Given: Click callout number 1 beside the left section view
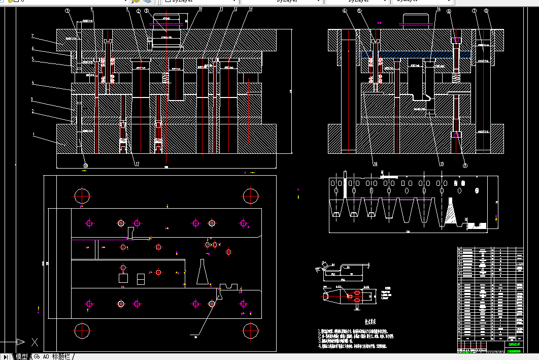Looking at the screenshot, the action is pos(33,135).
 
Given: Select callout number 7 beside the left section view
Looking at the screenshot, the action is pos(32,36).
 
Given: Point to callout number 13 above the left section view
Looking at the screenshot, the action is pos(250,10).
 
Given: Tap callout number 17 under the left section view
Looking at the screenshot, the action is pos(137,163).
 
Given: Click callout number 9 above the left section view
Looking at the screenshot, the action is pos(127,10).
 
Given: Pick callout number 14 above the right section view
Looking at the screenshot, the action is pos(439,10).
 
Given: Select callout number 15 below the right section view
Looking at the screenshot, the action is pos(441,163).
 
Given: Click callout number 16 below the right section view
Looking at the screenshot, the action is pos(376,163).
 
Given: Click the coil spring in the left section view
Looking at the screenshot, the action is pos(165,77).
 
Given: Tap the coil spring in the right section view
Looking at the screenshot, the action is pos(456,78).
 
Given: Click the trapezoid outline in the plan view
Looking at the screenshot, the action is pos(203,272).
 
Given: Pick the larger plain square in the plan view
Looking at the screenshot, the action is pos(123,278).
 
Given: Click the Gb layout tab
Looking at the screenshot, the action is pos(37,356).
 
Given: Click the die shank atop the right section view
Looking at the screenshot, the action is pos(416,19).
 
